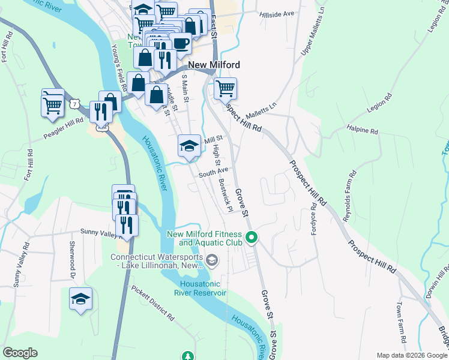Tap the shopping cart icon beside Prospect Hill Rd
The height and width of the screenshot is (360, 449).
[225, 88]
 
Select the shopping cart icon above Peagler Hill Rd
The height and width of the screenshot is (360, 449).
[53, 104]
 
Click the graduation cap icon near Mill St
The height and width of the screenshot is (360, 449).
[189, 145]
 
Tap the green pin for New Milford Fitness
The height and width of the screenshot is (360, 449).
[252, 238]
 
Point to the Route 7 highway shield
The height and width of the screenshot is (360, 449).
[73, 104]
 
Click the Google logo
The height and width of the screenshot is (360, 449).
[20, 353]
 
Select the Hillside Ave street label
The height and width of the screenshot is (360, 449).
[277, 13]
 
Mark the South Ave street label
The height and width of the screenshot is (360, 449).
[214, 172]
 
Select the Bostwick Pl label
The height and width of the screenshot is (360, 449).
[225, 195]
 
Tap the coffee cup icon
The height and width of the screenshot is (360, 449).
[181, 43]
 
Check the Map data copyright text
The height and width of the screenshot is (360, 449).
[411, 355]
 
